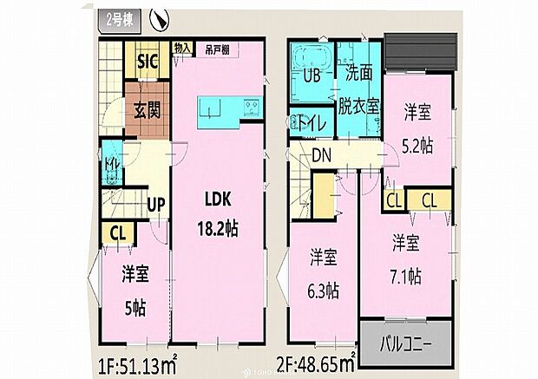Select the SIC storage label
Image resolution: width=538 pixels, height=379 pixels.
[148, 63]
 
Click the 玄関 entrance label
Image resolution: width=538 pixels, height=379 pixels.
[148, 111]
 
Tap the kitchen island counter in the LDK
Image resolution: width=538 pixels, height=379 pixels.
[228, 108]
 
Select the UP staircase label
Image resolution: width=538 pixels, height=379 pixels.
[157, 206]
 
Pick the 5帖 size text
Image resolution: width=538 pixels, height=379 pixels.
[135, 304]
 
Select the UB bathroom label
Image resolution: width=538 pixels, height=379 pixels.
[311, 75]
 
